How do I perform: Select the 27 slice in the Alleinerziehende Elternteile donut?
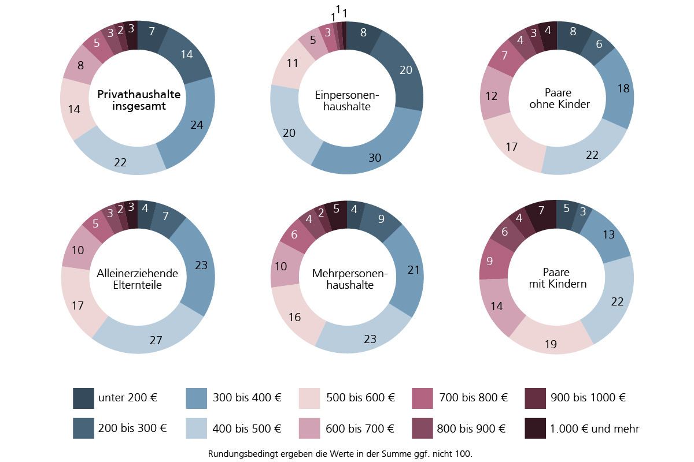[x=155, y=339]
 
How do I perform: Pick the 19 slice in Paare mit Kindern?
[x=551, y=344]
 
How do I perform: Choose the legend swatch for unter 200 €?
[x=83, y=398]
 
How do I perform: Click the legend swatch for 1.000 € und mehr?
[x=535, y=429]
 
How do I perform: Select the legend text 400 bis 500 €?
[x=248, y=429]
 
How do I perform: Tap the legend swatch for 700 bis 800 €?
[x=422, y=398]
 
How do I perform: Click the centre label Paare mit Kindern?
[x=557, y=278]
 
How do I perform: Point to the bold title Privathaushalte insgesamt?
[x=139, y=100]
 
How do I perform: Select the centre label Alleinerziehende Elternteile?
[x=138, y=279]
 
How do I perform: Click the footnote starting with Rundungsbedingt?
[x=340, y=454]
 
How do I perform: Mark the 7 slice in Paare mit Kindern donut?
[x=541, y=211]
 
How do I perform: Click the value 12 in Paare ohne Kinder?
[x=492, y=96]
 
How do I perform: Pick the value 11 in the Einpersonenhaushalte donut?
[x=293, y=63]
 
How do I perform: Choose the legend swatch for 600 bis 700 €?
[x=309, y=429]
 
